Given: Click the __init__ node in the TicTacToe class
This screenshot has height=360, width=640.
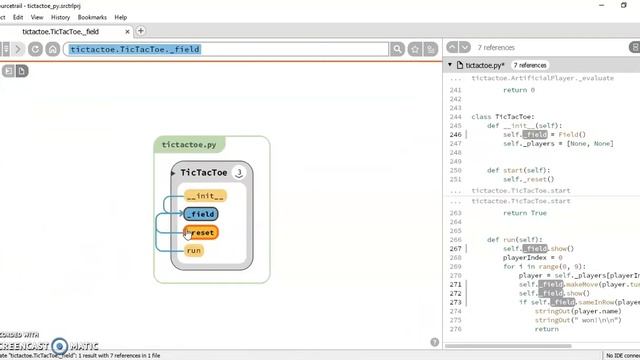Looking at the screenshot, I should click(x=205, y=196).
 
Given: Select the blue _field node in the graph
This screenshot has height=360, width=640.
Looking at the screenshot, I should click(x=201, y=214).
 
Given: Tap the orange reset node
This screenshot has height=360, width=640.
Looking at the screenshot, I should click(x=202, y=233).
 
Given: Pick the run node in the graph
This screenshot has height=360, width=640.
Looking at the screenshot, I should click(x=194, y=251).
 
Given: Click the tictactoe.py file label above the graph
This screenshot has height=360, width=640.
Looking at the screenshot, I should click(x=189, y=145).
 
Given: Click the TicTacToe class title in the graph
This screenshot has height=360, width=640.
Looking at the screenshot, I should click(x=203, y=173).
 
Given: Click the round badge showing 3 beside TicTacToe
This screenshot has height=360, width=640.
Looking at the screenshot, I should click(x=239, y=173).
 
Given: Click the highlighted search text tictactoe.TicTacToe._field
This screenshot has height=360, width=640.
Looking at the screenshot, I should click(x=135, y=49).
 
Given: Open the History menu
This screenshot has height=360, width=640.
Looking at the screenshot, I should click(x=60, y=17).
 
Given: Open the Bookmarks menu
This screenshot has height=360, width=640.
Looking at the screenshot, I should click(x=92, y=17).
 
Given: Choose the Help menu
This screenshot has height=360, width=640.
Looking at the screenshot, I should click(x=121, y=17).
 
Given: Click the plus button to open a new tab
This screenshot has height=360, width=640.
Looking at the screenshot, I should click(x=141, y=31).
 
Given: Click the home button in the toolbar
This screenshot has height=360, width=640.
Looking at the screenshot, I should click(x=52, y=49).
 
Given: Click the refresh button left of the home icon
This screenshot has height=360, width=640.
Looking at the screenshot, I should click(x=36, y=49).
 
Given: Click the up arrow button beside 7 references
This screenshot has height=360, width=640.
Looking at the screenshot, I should click(x=452, y=47).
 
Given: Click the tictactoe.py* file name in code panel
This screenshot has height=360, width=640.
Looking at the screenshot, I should click(x=489, y=65).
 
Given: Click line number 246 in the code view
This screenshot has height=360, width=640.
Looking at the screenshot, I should click(x=456, y=134).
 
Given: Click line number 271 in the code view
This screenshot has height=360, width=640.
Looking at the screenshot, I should click(x=456, y=284).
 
